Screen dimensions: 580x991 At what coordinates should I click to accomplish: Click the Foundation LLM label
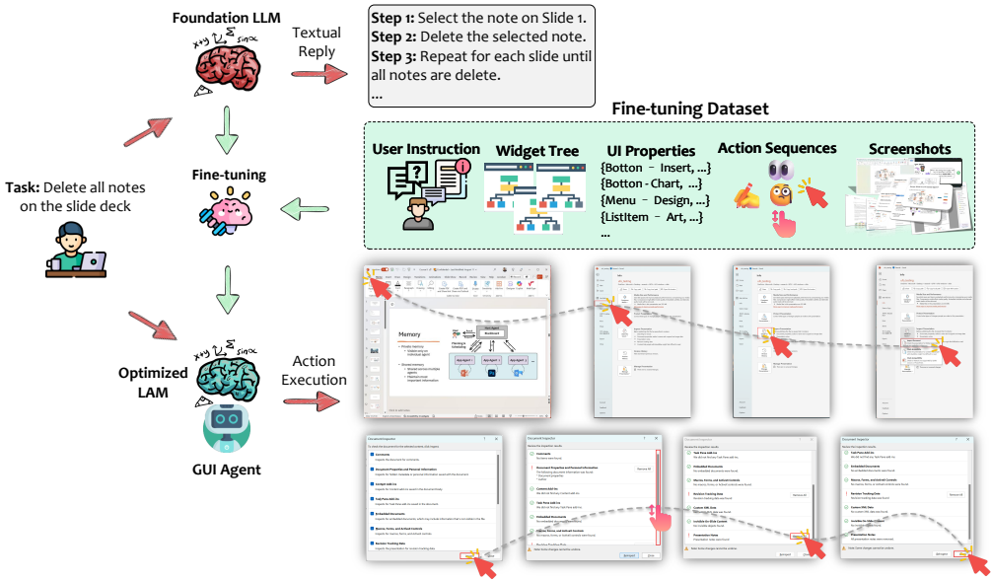pos(228,19)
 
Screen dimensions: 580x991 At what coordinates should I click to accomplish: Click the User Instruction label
pos(426,149)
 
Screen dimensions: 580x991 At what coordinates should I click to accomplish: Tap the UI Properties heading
pos(651,151)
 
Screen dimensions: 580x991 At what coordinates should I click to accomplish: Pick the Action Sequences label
pos(777,148)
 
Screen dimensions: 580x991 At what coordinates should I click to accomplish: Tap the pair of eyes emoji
pos(775,171)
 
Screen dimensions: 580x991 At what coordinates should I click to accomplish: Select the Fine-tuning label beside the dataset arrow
pos(229,175)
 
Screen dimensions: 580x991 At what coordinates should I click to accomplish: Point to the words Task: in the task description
pos(24,188)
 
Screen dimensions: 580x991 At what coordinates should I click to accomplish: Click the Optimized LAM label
pos(153,382)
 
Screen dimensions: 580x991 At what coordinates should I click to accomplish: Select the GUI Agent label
pos(229,470)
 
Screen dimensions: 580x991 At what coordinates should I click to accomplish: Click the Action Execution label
pos(316,371)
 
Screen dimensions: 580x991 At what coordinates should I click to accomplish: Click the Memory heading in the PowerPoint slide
pos(408,334)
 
